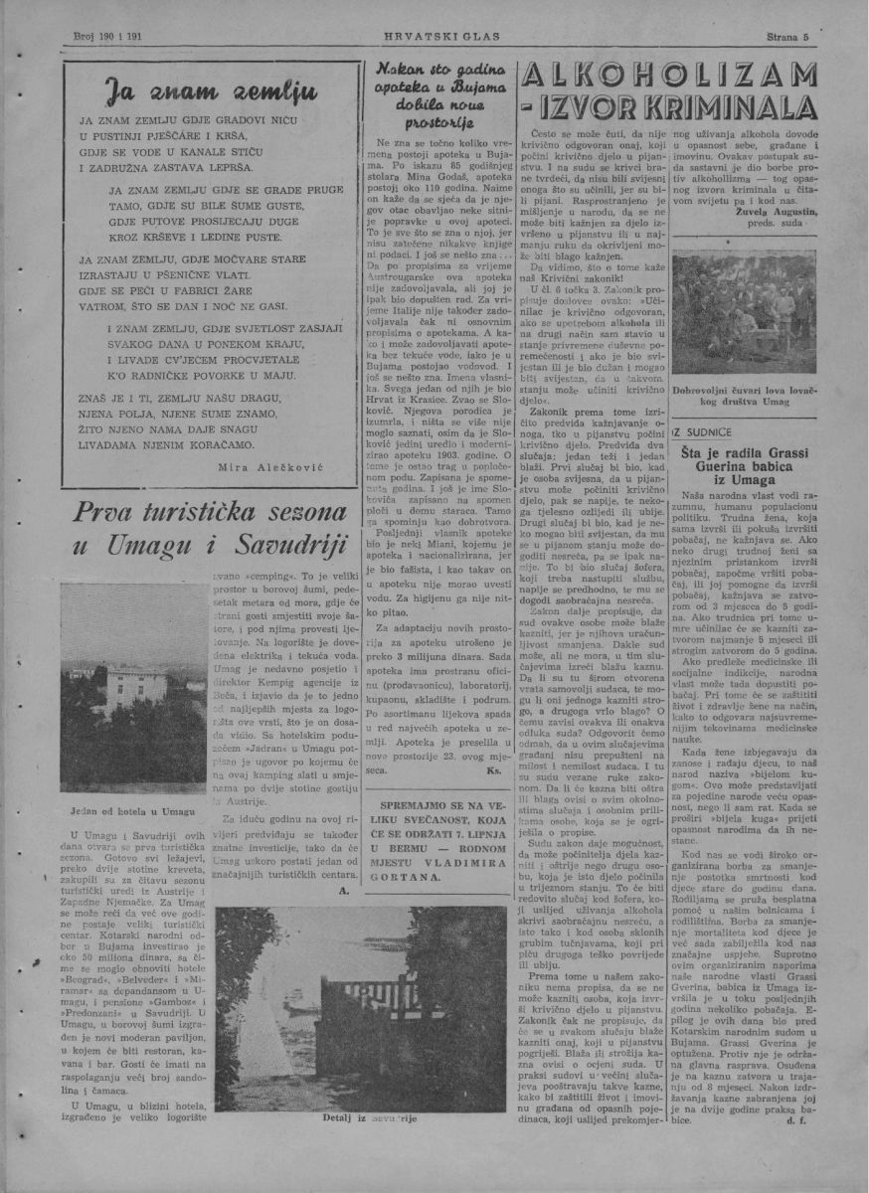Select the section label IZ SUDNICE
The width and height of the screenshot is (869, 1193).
703,432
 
